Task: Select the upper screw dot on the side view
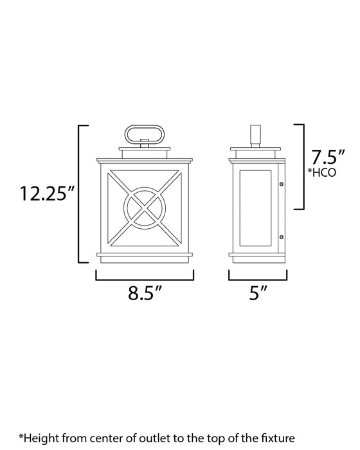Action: click(x=282, y=185)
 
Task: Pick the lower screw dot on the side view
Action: click(x=282, y=239)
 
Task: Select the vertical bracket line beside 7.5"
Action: click(x=303, y=167)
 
